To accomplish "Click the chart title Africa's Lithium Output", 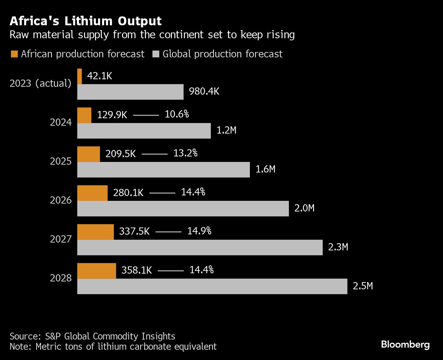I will [x=85, y=21].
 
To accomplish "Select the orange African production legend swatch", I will [x=14, y=54].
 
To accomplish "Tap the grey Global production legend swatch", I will [x=156, y=54].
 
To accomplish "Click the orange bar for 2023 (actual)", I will [x=80, y=76].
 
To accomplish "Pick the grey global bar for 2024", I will [x=144, y=131].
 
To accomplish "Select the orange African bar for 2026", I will [x=92, y=193].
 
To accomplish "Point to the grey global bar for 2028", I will [x=212, y=286].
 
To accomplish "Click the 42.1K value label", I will [x=99, y=76].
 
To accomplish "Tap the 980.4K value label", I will [x=204, y=92].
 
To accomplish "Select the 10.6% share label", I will [x=177, y=114].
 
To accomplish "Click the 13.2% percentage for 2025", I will [x=185, y=153].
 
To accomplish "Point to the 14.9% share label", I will [x=199, y=231].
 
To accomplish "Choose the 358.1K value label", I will [x=136, y=270].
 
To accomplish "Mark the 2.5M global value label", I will [x=363, y=286].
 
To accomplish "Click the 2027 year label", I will [x=61, y=239].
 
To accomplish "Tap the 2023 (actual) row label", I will [x=40, y=83].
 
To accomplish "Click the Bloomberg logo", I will [x=405, y=344].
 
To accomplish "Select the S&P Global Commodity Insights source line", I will [x=92, y=336].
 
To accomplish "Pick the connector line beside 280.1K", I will [x=162, y=193].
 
